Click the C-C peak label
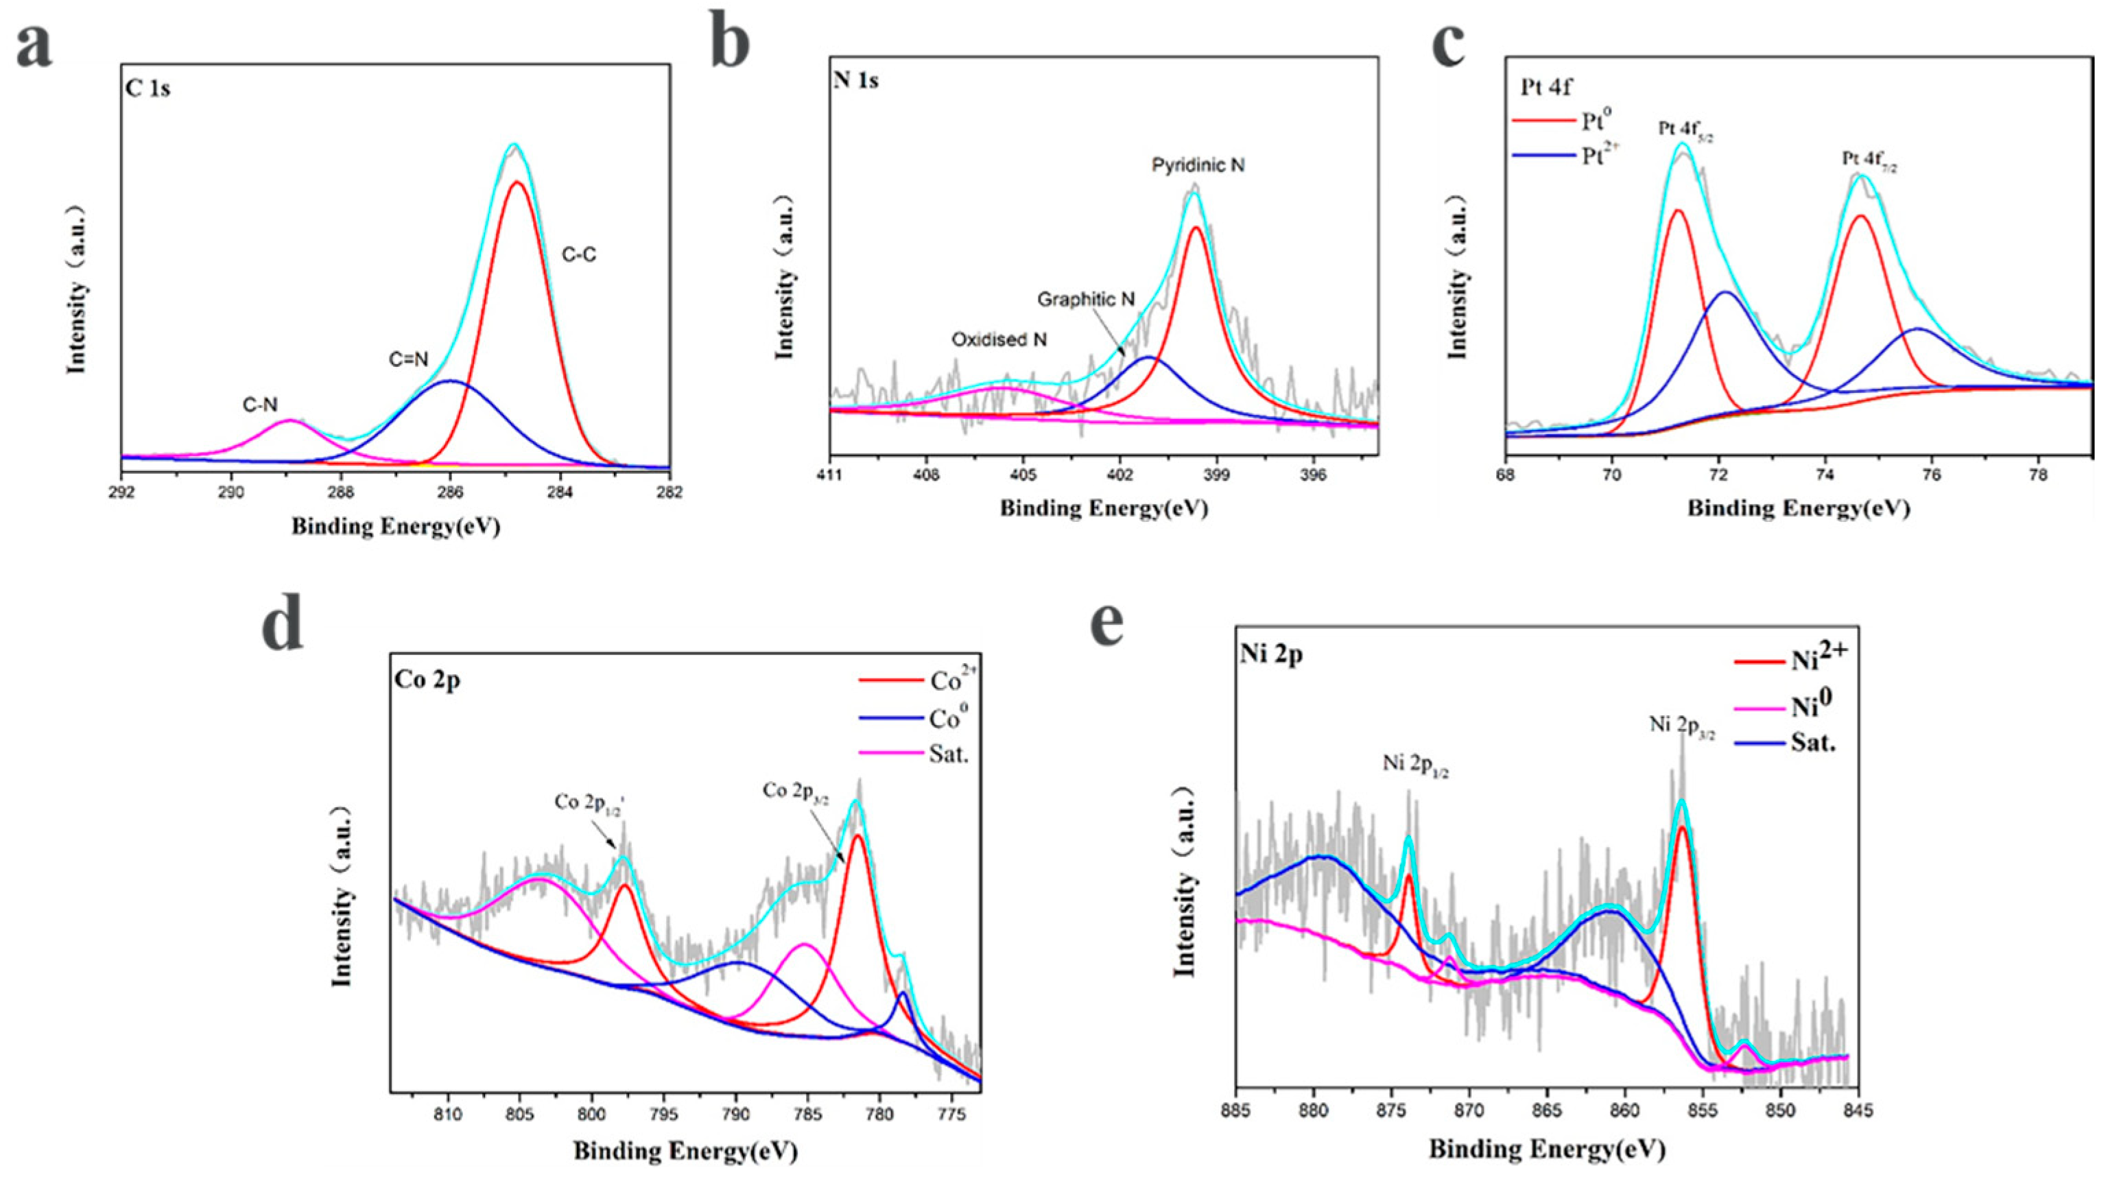pyautogui.click(x=579, y=254)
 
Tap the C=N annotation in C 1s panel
pyautogui.click(x=408, y=359)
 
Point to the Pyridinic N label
pyautogui.click(x=1198, y=165)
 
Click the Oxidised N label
pyautogui.click(x=999, y=339)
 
